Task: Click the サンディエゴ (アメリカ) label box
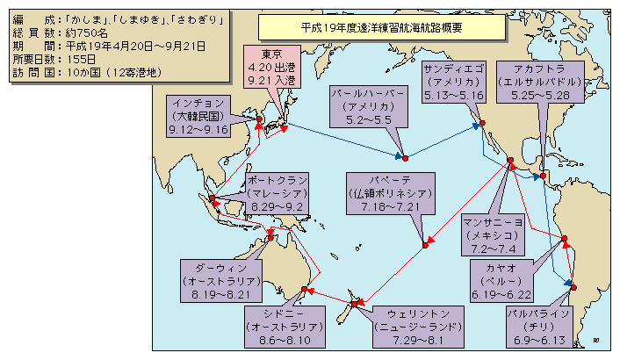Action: [x=453, y=82]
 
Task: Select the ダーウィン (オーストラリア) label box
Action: [x=220, y=280]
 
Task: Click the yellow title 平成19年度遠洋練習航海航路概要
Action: [x=381, y=26]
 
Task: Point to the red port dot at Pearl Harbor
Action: [x=405, y=159]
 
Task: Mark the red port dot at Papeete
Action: [x=424, y=245]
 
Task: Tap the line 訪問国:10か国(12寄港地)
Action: [x=83, y=72]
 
